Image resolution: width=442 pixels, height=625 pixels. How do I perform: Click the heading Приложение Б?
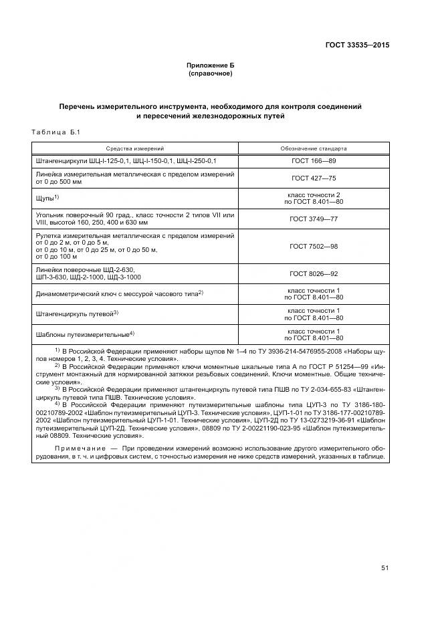point(211,66)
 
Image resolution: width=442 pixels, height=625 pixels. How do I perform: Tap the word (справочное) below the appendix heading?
point(211,73)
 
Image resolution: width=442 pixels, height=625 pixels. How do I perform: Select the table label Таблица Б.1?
point(56,132)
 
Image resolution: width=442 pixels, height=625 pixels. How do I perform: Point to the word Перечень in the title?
point(77,106)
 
